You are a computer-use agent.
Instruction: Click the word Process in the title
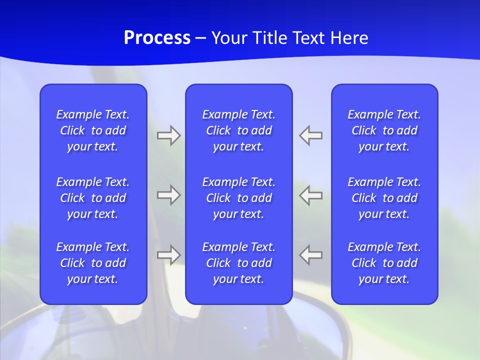point(157,38)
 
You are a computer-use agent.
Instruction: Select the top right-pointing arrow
point(168,135)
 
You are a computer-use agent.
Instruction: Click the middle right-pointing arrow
point(168,195)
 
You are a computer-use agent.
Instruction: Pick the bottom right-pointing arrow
point(168,255)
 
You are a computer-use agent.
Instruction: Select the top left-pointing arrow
point(311,135)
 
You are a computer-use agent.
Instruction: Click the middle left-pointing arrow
point(311,195)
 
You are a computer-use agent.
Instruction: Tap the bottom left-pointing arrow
point(311,255)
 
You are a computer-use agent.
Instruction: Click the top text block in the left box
point(93,130)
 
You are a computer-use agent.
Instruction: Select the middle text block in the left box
point(93,198)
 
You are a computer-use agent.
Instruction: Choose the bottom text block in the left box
point(93,263)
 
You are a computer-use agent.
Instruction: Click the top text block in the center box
point(238,130)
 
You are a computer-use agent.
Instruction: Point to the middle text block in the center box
point(238,198)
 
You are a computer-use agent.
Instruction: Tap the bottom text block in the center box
point(238,263)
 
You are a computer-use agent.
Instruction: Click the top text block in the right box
point(384,130)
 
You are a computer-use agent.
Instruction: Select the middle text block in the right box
point(384,198)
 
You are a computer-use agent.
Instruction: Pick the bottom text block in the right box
point(384,263)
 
